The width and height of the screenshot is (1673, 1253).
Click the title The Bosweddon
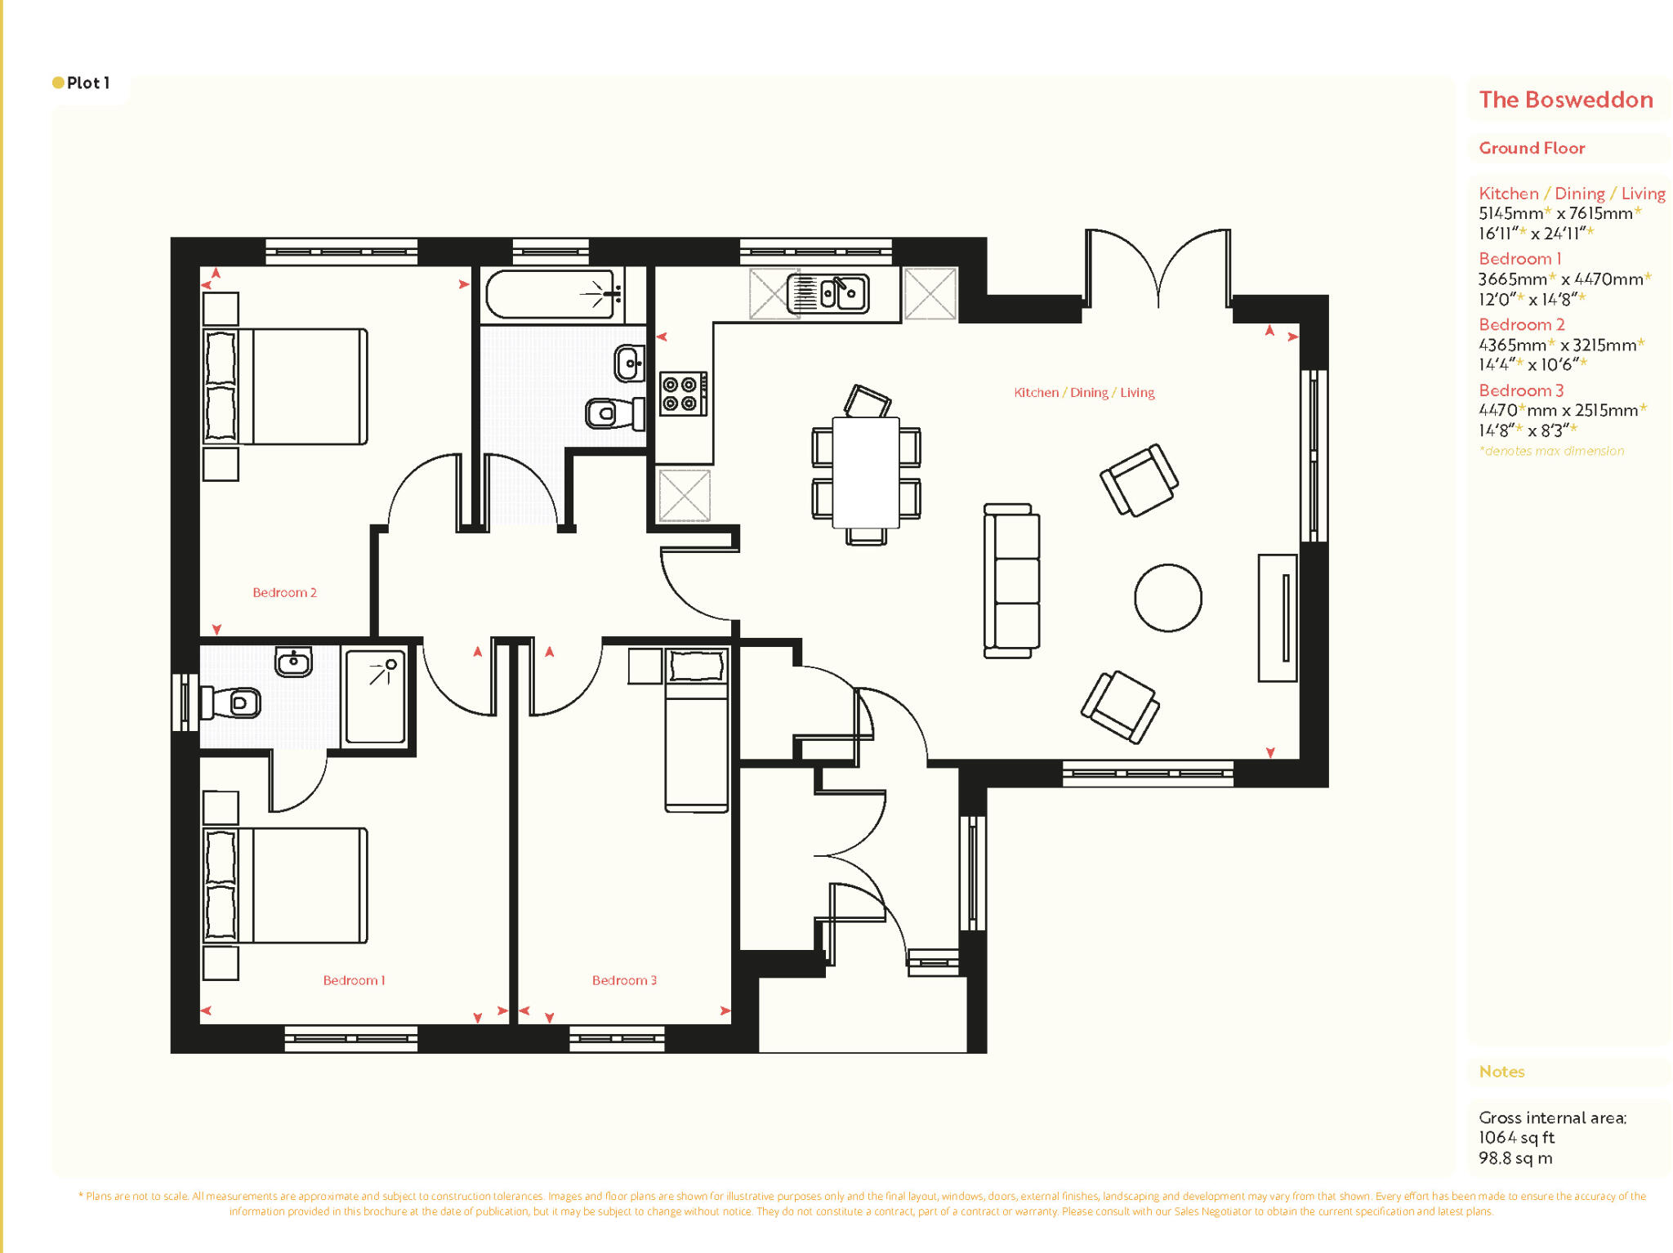[x=1565, y=100]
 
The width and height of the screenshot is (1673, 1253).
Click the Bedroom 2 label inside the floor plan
[x=284, y=592]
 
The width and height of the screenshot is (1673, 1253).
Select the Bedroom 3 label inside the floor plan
[x=624, y=980]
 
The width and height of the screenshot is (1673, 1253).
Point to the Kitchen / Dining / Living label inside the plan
[x=1084, y=393]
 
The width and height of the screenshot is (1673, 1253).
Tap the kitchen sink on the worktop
[x=828, y=293]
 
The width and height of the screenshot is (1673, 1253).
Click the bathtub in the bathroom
[x=551, y=294]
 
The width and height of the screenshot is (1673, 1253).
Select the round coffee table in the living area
[x=1167, y=598]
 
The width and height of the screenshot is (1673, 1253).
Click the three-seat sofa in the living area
[x=1011, y=581]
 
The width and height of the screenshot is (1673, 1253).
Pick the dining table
[x=866, y=472]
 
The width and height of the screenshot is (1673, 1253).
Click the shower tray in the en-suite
[x=375, y=697]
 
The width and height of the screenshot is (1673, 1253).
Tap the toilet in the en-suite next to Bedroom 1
[x=233, y=702]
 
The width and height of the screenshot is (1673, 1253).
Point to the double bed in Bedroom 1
[x=286, y=885]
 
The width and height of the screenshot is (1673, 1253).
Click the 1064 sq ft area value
[x=1516, y=1137]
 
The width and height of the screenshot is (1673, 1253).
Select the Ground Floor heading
[x=1532, y=148]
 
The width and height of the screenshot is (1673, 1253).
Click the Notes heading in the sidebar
[x=1501, y=1072]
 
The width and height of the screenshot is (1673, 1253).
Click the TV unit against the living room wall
[x=1277, y=618]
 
